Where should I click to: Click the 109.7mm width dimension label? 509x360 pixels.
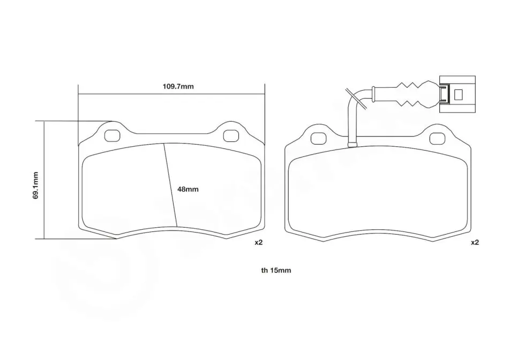pyautogui.click(x=178, y=86)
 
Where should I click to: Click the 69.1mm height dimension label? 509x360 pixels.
pyautogui.click(x=35, y=185)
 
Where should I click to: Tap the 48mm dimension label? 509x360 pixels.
pyautogui.click(x=188, y=189)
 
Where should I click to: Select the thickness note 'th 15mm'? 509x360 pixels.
pyautogui.click(x=276, y=271)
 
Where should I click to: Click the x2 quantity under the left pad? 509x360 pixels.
pyautogui.click(x=258, y=242)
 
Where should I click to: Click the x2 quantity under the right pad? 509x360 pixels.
pyautogui.click(x=475, y=242)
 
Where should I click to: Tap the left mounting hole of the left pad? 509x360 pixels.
pyautogui.click(x=113, y=136)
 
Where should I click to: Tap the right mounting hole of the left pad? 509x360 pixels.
pyautogui.click(x=231, y=136)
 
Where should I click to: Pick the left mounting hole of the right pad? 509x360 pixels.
pyautogui.click(x=318, y=139)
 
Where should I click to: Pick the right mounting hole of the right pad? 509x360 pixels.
pyautogui.click(x=437, y=139)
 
